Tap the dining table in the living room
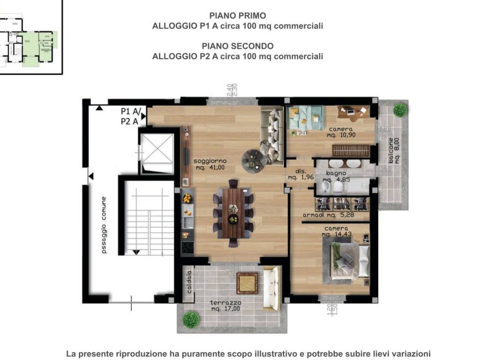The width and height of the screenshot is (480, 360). (233, 213)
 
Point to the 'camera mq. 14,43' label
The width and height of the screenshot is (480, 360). (336, 231)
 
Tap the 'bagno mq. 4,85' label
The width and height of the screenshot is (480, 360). (336, 176)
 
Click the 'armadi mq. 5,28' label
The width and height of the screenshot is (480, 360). (336, 216)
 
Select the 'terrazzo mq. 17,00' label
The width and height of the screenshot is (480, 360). (225, 306)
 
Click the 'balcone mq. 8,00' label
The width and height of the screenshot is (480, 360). (394, 150)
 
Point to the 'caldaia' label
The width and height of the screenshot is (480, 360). (189, 282)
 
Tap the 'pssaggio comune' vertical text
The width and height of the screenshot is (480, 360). (104, 225)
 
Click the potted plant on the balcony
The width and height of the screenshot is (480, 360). (400, 110)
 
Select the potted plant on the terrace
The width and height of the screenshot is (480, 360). (191, 319)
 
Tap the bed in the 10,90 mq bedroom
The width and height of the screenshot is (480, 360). (306, 118)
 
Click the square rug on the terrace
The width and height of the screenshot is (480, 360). (247, 283)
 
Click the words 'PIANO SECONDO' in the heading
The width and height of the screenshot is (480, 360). (238, 46)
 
